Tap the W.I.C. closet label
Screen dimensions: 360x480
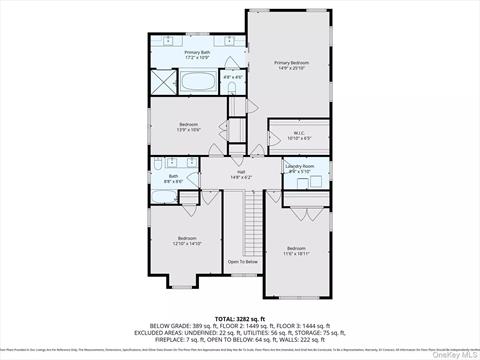pos(299,132)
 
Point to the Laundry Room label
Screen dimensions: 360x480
pos(300,166)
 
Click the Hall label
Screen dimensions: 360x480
pos(240,171)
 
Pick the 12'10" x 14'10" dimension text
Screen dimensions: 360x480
pos(188,243)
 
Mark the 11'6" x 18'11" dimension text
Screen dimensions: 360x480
pos(296,253)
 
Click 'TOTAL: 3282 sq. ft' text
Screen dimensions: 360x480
pos(240,318)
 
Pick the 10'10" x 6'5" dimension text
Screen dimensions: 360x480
pos(299,138)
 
